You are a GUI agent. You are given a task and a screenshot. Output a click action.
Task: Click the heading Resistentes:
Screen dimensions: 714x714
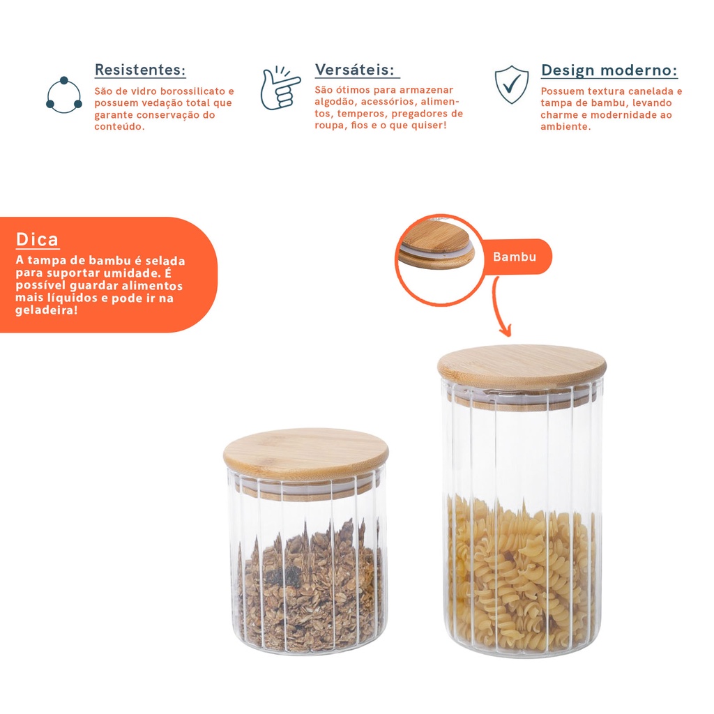(140, 70)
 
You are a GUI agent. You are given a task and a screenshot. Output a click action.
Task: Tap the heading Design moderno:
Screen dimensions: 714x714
(609, 70)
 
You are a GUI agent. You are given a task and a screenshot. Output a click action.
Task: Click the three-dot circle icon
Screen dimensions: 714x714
(64, 95)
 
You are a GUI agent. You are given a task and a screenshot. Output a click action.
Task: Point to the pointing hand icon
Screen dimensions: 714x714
(280, 88)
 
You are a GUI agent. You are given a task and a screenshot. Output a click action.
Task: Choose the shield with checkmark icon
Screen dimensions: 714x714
(512, 84)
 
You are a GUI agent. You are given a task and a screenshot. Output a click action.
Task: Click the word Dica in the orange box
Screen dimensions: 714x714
(38, 239)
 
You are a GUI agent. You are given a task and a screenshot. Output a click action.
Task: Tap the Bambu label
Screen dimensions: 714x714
(515, 257)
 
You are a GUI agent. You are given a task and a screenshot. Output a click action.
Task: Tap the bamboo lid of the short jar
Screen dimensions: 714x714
(306, 451)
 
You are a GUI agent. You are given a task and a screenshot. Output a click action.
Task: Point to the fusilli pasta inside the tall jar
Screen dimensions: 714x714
(522, 575)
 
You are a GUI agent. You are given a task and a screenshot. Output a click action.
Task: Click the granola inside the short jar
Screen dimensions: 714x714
(312, 587)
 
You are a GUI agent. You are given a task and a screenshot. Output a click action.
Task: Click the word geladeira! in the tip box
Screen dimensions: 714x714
(47, 310)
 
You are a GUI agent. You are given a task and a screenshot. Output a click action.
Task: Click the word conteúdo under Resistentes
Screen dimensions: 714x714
(119, 127)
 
